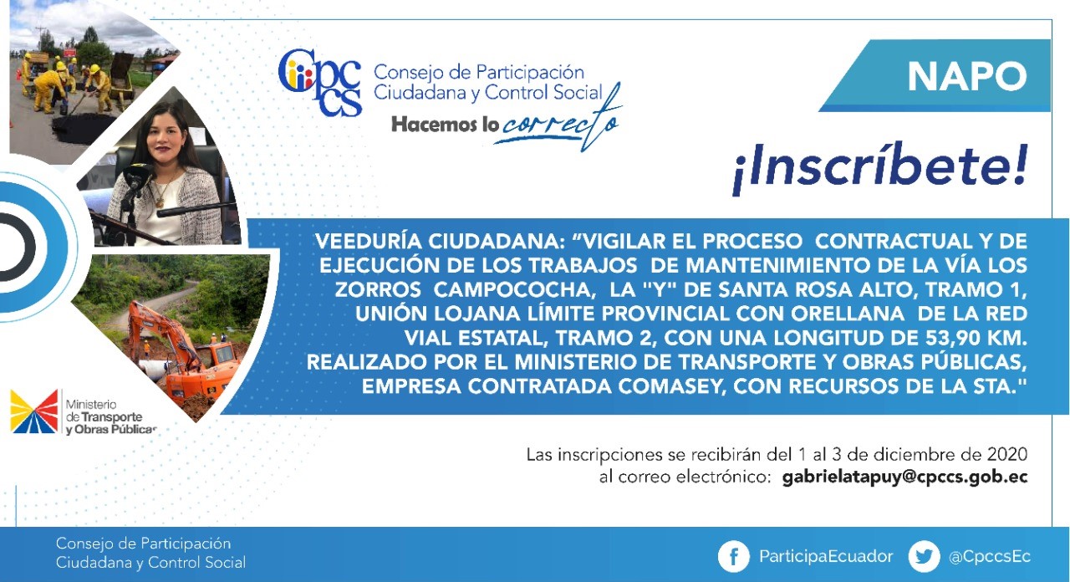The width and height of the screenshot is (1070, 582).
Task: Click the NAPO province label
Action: [966, 76]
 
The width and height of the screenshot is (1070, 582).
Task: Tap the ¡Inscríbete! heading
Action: [879, 166]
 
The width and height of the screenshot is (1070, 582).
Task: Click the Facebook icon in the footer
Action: [733, 556]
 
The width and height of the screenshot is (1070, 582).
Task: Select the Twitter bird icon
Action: [924, 556]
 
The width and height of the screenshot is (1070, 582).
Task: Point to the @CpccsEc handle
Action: [990, 557]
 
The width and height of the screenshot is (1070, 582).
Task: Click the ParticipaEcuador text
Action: [826, 557]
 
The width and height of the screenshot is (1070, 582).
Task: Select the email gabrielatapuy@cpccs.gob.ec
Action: [904, 477]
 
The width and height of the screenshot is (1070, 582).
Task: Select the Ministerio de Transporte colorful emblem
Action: [33, 412]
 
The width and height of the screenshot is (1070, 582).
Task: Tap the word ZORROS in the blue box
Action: [377, 290]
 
